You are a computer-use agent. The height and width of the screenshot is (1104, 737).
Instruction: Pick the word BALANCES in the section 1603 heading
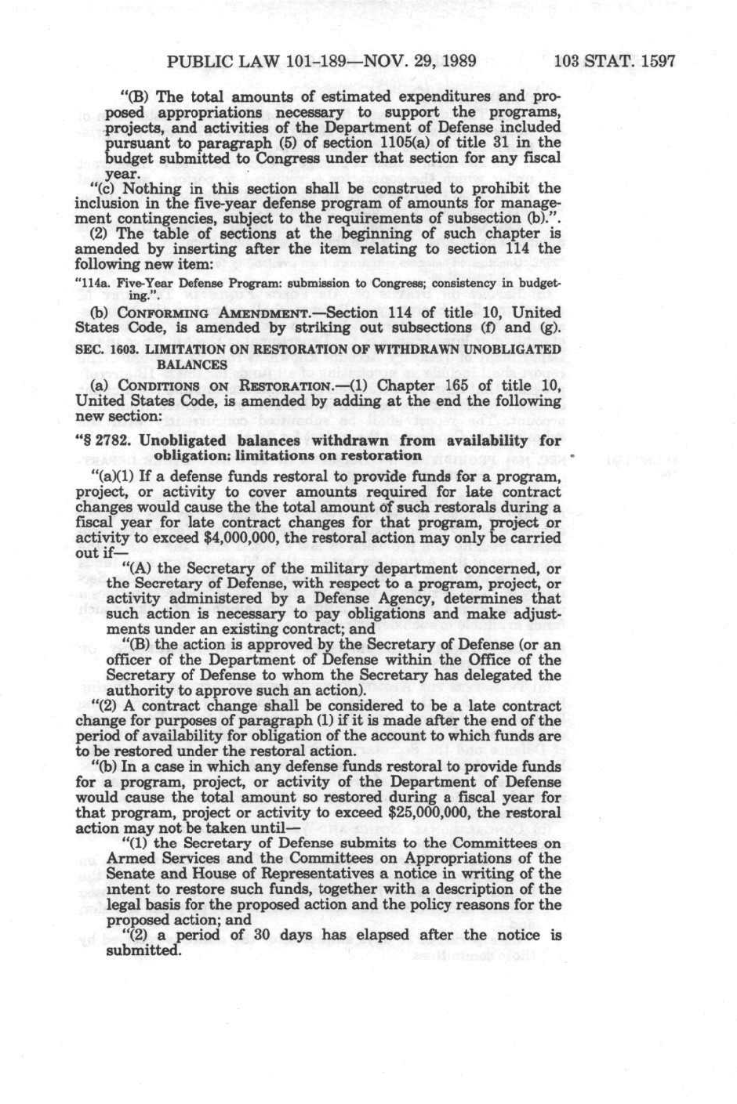(191, 364)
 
